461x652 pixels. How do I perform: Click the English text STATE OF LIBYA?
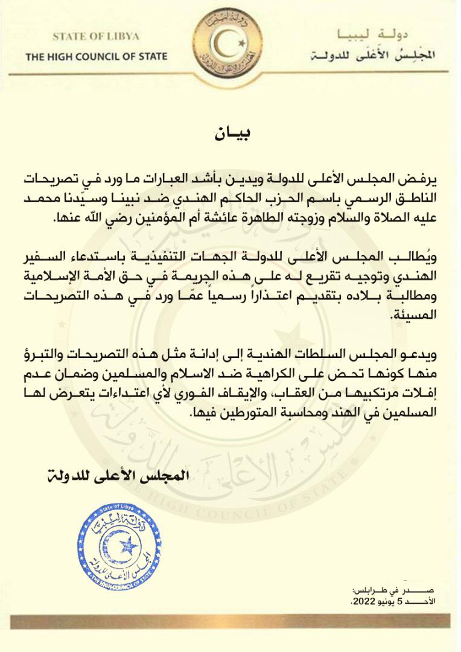click(95, 36)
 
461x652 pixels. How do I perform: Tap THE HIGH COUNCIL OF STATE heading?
click(96, 57)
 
